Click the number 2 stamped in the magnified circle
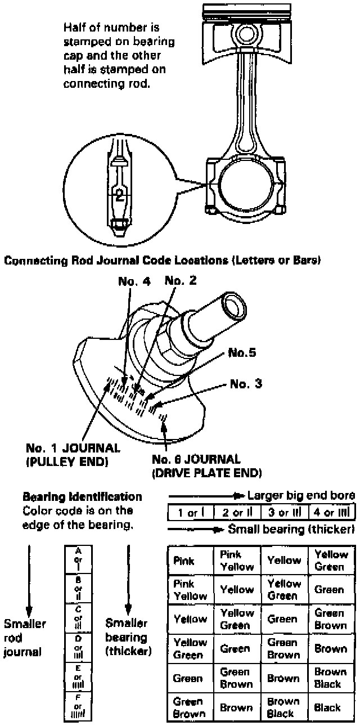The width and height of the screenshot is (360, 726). click(118, 196)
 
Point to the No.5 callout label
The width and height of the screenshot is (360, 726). click(242, 354)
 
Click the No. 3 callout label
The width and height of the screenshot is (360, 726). click(246, 384)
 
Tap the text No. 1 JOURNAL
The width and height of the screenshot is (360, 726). click(73, 448)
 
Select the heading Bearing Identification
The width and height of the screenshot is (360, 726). click(82, 497)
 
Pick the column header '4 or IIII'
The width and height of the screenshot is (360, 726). click(331, 513)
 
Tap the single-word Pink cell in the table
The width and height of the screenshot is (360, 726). click(184, 561)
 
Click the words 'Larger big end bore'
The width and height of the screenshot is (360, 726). click(301, 496)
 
